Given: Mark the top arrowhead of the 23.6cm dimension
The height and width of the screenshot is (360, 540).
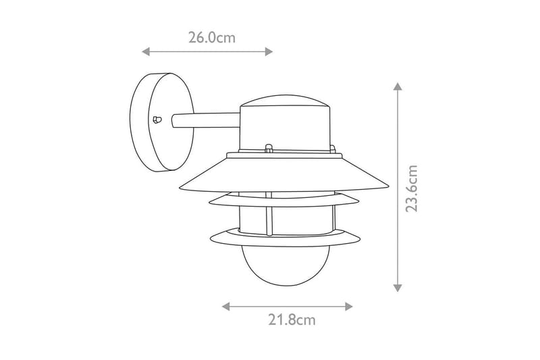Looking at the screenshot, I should (x=398, y=87).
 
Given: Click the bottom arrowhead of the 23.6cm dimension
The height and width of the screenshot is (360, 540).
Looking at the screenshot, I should (x=398, y=288).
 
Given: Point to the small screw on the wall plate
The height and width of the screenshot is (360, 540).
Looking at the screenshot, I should (x=157, y=120).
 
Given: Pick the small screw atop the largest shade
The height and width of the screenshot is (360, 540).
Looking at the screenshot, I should (x=268, y=147).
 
